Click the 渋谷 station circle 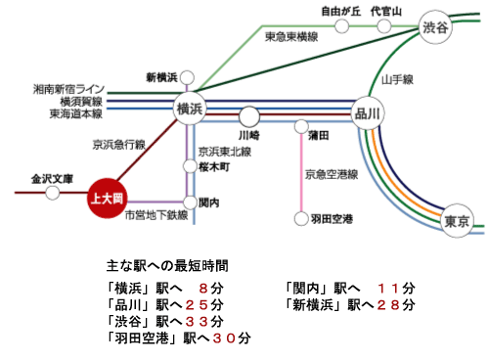point(434,27)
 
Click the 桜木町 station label point(213,168)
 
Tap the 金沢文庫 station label point(52,180)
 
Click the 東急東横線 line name point(292,36)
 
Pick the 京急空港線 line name point(332,174)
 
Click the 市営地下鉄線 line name point(149,214)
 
